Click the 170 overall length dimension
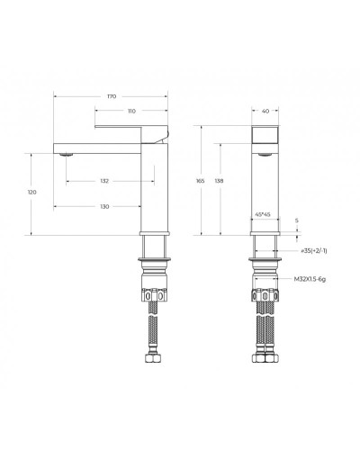click(x=112, y=95)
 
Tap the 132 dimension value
click(x=104, y=181)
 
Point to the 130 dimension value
click(x=104, y=206)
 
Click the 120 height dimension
click(x=33, y=193)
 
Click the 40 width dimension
click(x=265, y=112)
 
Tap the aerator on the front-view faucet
click(x=265, y=156)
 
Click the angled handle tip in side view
click(x=163, y=134)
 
